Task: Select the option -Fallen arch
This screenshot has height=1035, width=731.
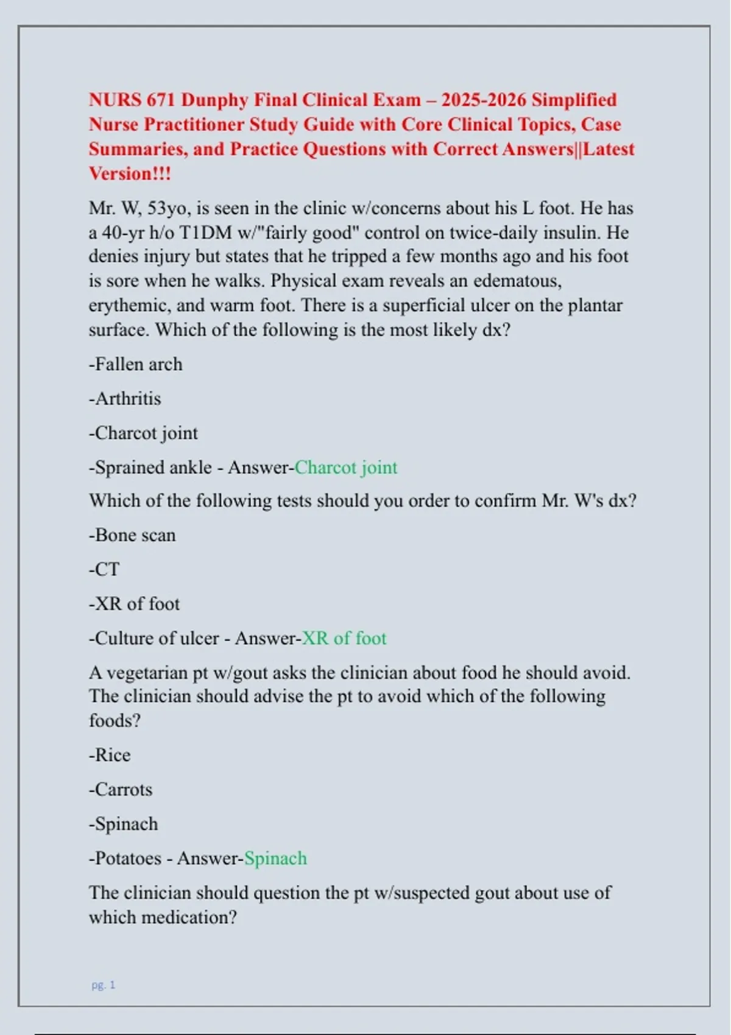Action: pos(135,364)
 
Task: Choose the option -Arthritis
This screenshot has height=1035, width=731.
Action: pos(125,399)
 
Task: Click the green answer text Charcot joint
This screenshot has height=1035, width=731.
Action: pos(345,468)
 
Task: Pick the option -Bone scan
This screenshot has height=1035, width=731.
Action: pos(132,535)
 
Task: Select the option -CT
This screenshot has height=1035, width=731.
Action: pos(104,570)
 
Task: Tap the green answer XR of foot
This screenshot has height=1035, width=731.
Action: pos(344,638)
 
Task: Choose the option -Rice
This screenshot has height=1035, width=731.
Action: pos(110,755)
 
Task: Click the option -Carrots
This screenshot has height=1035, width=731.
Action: pos(121,790)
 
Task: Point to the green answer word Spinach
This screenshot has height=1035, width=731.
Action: pos(275,858)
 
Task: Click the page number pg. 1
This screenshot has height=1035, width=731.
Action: pos(103,984)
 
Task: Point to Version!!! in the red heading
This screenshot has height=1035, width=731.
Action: pos(130,174)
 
